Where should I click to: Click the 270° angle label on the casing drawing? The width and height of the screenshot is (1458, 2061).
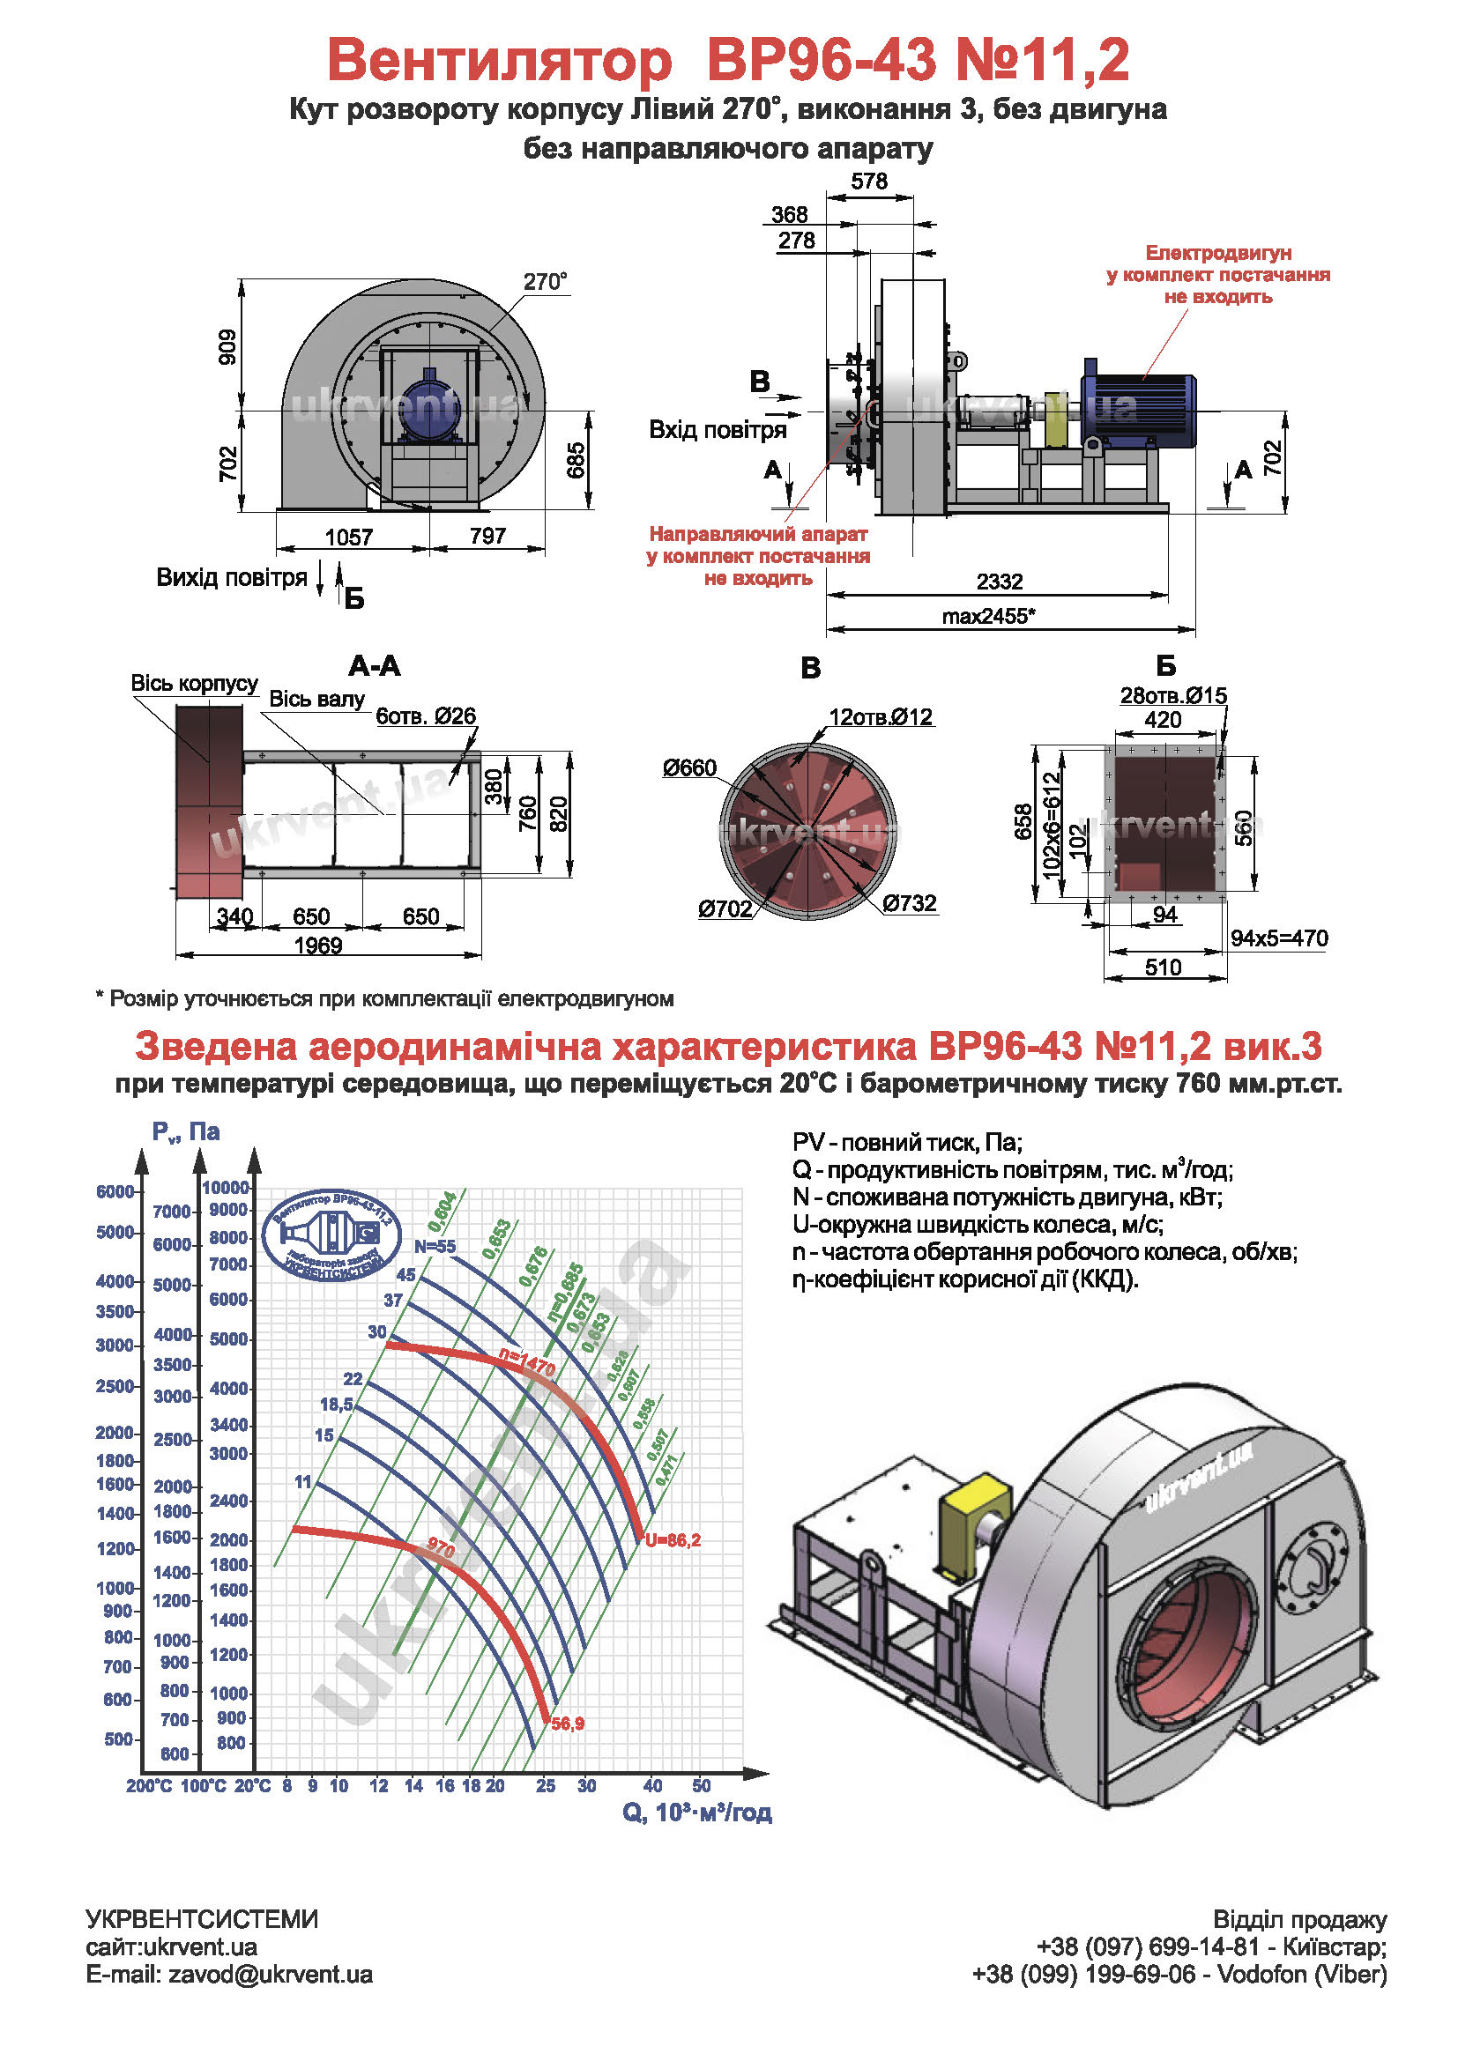pos(545,282)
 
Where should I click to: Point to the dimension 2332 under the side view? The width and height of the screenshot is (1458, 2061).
pos(1000,582)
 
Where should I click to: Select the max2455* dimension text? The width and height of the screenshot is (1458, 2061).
pos(988,616)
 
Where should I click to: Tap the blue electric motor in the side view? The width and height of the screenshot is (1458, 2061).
pos(1138,410)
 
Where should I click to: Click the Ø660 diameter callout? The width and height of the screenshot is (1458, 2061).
pos(689,768)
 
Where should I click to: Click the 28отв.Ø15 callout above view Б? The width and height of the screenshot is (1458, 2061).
pos(1172,696)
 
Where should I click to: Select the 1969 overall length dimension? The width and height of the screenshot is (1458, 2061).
pos(318,946)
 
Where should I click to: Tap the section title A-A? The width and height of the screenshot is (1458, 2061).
pos(375,666)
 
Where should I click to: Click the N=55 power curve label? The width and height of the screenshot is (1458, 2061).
pos(435,1247)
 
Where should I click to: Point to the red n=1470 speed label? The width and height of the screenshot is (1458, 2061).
pos(528,1362)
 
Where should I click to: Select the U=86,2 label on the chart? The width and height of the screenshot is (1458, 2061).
pos(673,1540)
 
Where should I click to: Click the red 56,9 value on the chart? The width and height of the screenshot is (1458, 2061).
pos(568,1724)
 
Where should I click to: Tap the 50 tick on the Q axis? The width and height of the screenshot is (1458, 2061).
pos(701,1785)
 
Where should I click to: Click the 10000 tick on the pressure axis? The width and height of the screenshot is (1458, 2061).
pos(226,1188)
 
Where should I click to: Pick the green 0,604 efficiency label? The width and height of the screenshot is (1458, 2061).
pos(443,1212)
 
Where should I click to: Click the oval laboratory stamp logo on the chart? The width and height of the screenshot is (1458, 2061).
pos(331,1235)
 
